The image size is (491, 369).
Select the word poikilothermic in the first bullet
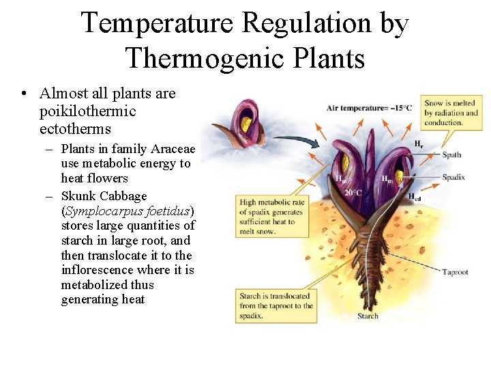tap(88, 111)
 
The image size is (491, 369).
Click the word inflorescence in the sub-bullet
tap(100, 270)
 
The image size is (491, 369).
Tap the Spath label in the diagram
tap(451, 155)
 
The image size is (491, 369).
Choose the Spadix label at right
tap(453, 178)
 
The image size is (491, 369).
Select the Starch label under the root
tap(368, 316)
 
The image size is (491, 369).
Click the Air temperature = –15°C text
tap(369, 107)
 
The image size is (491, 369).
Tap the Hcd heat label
tap(415, 197)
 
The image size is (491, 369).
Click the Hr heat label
tap(418, 143)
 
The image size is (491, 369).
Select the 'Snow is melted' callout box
tap(451, 113)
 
